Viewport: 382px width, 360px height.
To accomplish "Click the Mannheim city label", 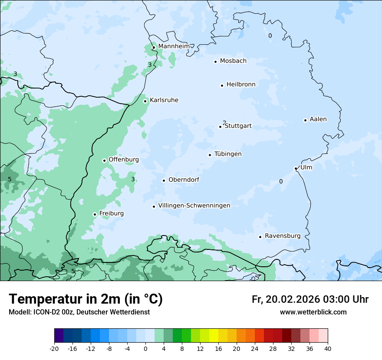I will click(174, 46).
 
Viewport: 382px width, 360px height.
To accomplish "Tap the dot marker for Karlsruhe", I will click(145, 101).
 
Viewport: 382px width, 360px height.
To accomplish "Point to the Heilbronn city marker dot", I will click(222, 85).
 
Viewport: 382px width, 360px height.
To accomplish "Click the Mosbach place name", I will click(233, 61).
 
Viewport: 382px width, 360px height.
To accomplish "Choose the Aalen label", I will click(318, 119).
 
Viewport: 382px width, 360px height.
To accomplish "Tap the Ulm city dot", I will click(296, 168).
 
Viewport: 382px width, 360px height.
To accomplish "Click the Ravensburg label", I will click(283, 236).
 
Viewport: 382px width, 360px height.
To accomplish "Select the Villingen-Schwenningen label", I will click(194, 206).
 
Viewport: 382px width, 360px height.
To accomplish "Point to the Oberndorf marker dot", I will click(164, 180).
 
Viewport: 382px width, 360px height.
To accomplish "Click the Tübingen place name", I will click(228, 154).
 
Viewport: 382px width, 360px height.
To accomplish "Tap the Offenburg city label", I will click(124, 160).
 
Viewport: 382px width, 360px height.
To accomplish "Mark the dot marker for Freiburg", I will click(95, 214).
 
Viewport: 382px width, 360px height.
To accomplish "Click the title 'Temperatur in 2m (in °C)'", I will click(86, 299).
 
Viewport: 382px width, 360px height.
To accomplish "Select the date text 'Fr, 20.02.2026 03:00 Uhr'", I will click(310, 299).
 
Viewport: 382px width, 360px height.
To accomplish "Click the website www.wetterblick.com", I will click(313, 312).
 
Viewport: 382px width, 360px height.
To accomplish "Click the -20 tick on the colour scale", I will click(54, 348).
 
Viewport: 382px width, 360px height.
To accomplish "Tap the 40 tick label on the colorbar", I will click(327, 348).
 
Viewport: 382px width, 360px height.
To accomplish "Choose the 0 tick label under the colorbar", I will click(145, 348).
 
